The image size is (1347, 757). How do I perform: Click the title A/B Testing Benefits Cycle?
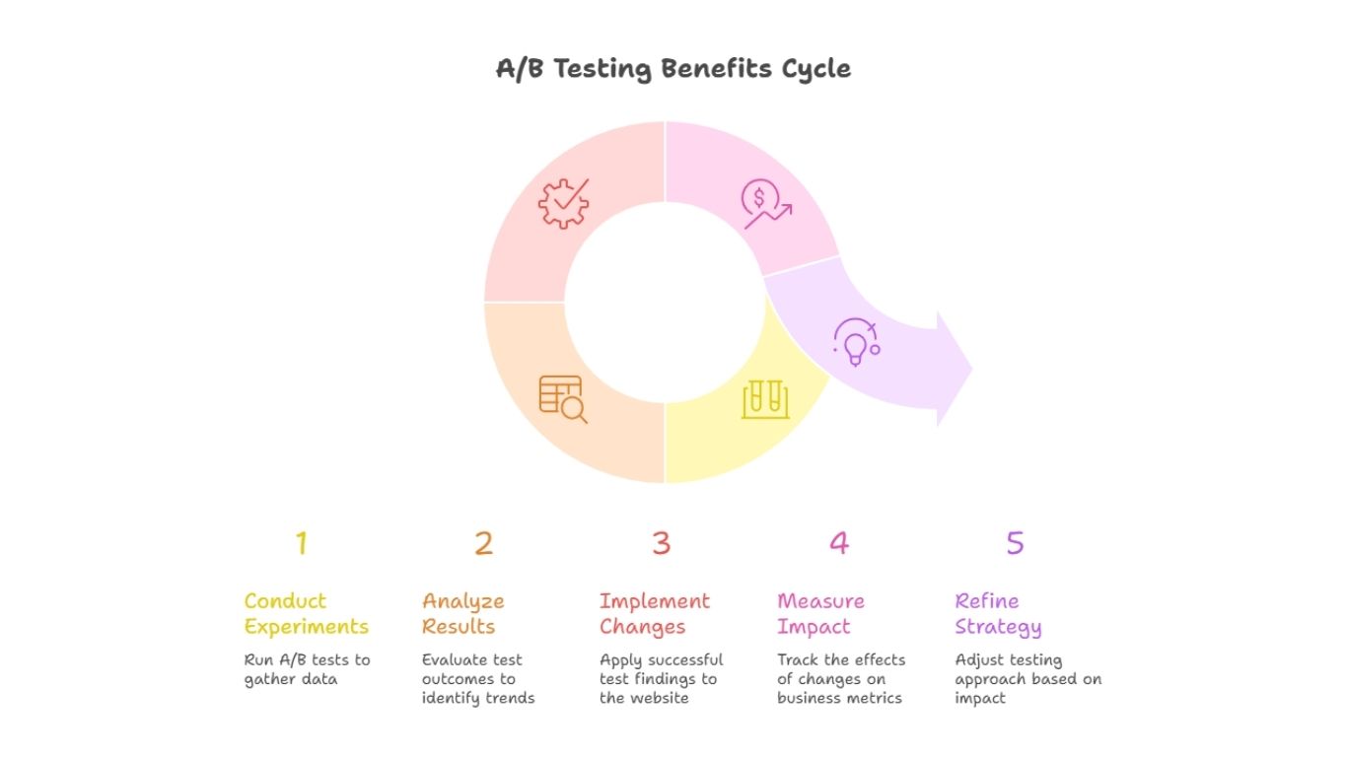(x=673, y=69)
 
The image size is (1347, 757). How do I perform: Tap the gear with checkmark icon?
(x=563, y=203)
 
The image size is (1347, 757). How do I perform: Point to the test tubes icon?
(x=765, y=399)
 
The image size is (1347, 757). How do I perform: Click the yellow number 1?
(x=302, y=543)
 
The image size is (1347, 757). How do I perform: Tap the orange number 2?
(x=483, y=543)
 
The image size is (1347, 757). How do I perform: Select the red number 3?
(x=661, y=543)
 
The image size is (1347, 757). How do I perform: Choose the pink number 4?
(x=838, y=543)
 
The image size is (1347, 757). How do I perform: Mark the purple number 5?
(x=1015, y=543)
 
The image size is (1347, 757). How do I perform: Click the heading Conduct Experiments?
(x=307, y=613)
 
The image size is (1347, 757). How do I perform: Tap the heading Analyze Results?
(x=463, y=613)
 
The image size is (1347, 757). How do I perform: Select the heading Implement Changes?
(x=655, y=613)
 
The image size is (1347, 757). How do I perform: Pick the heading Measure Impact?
(x=820, y=613)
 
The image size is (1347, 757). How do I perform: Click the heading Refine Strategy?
(x=998, y=613)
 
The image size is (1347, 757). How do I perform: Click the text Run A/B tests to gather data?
(x=307, y=669)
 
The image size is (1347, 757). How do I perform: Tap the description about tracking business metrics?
(x=840, y=679)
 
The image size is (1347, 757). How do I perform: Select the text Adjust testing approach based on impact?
(x=1028, y=679)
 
